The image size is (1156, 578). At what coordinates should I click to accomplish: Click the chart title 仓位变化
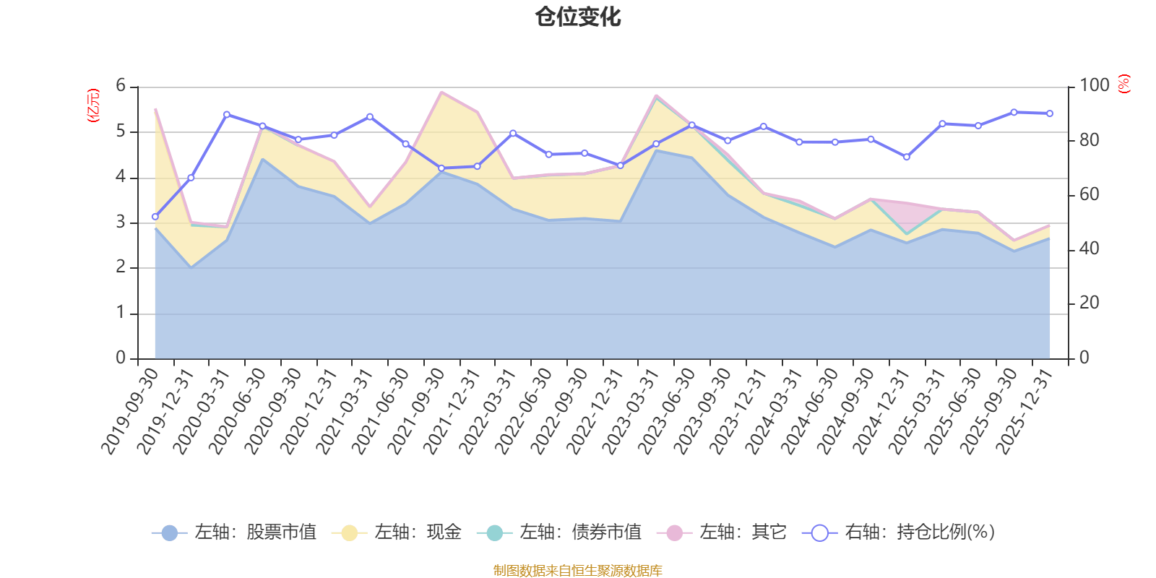578,17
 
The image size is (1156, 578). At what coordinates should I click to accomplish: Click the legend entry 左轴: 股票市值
234,532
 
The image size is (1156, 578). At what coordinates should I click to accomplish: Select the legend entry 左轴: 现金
397,532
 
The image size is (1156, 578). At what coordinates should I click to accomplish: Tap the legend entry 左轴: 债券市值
559,532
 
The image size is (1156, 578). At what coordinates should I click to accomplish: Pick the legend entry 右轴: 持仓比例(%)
899,532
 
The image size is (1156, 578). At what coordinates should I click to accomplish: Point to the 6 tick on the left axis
121,86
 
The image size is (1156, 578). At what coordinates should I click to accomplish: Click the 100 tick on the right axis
1094,86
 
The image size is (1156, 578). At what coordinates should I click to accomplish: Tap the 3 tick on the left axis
121,223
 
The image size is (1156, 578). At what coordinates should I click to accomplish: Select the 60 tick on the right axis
1089,194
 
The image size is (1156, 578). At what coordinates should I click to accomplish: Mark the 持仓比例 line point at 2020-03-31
226,114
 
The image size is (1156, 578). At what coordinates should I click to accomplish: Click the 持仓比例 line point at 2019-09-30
155,217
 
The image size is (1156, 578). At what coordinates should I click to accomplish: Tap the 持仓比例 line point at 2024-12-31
906,157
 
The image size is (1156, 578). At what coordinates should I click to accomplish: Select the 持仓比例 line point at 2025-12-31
1050,113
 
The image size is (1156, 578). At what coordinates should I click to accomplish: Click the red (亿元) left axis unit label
92,105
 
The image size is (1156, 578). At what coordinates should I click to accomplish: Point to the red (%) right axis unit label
1123,84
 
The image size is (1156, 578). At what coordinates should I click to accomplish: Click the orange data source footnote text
577,571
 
